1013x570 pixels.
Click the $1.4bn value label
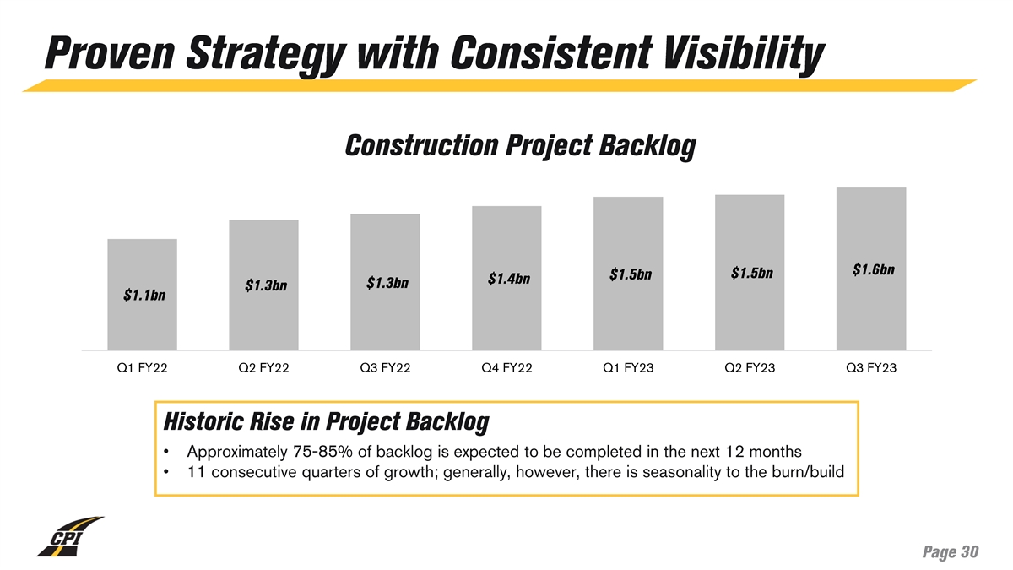509,279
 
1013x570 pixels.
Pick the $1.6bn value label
874,270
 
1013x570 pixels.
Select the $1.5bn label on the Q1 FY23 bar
631,274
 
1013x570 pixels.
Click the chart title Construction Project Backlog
520,146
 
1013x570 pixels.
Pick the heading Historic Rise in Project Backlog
326,421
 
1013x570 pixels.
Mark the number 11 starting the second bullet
197,471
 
